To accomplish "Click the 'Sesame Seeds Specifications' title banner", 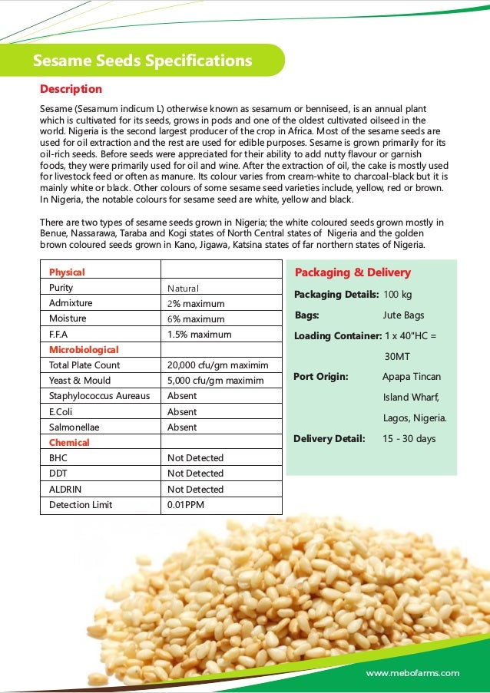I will coord(142,61).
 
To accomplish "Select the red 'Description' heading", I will coord(71,89).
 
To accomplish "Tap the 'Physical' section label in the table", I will coord(67,272).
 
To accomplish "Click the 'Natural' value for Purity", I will coord(183,288).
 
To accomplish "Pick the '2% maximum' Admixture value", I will coord(196,303).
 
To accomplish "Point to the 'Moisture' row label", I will coord(68,318).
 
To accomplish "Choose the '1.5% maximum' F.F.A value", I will coord(199,334).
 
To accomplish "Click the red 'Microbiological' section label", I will coord(84,349).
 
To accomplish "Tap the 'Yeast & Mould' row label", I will coord(80,381).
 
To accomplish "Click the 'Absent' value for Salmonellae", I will coord(182,427).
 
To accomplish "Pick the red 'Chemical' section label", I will coord(69,443).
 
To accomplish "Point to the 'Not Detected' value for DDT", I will coord(195,474).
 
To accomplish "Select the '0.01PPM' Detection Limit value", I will coord(186,505).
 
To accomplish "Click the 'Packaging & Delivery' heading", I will coord(353,272).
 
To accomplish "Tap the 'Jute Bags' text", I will coord(403,315).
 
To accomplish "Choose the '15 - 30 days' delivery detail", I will coord(409,439).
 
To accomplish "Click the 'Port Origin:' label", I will coord(321,377).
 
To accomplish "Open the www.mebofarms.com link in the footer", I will coord(412,673).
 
